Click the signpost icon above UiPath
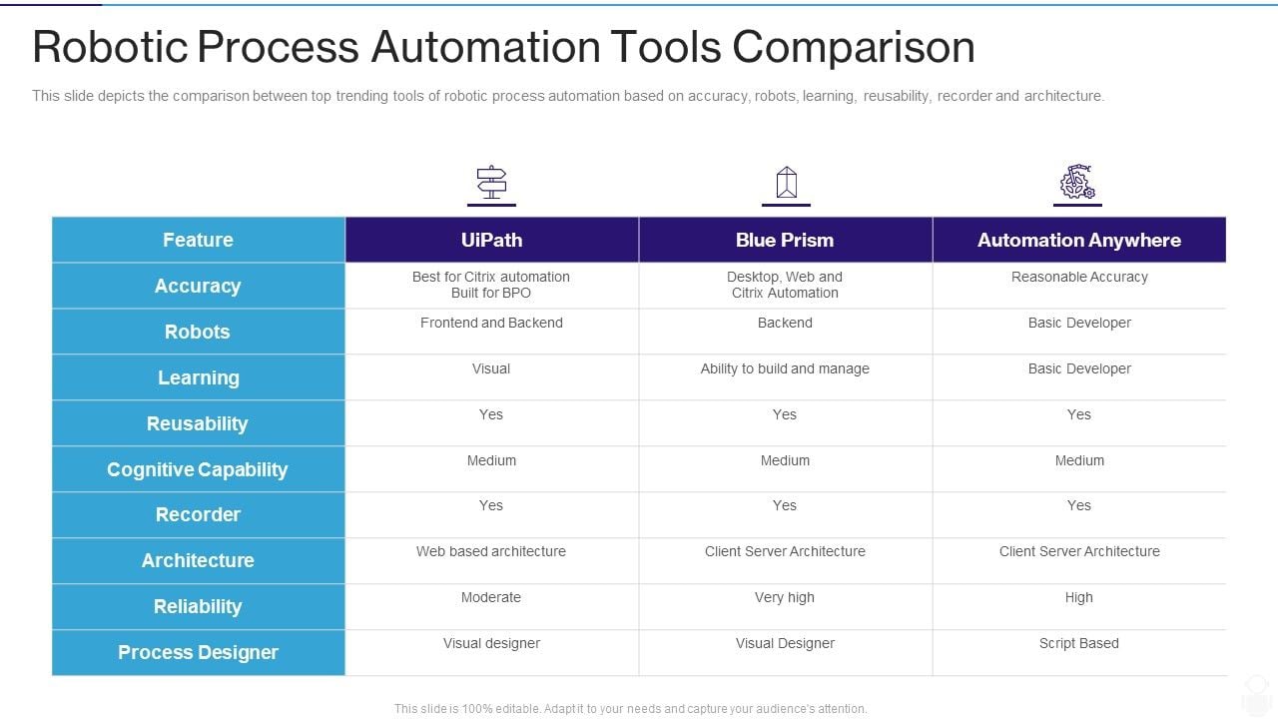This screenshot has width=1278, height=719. (491, 182)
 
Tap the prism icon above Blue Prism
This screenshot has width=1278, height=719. (786, 182)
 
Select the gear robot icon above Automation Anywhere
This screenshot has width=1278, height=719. (1077, 182)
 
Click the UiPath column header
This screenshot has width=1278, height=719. (492, 240)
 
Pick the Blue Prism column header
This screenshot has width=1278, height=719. (785, 240)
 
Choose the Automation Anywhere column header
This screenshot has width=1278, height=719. (1079, 240)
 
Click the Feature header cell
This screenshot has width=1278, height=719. (198, 240)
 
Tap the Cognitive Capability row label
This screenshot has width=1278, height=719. (198, 469)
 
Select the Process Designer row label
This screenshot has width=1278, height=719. (198, 652)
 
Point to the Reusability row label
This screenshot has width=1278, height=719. (198, 423)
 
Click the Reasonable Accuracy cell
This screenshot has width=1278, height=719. (1079, 277)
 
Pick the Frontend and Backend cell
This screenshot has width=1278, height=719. (491, 323)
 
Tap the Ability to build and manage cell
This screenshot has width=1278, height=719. (785, 368)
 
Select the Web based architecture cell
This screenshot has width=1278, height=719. (491, 551)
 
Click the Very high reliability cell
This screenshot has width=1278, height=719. (785, 597)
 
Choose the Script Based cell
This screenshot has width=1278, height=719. (1079, 643)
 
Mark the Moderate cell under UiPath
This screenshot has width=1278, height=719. (491, 597)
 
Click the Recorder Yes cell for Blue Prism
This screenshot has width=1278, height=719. (785, 505)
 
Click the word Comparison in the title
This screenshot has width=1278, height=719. (854, 48)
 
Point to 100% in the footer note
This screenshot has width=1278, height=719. (477, 709)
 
